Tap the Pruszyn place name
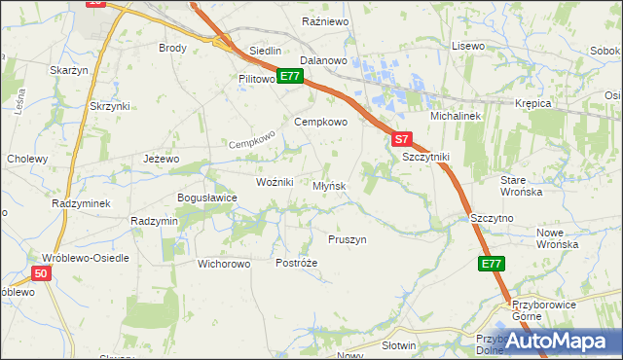[347, 239]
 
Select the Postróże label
[297, 264]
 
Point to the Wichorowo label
[225, 264]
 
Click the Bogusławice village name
[206, 198]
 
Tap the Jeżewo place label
[162, 159]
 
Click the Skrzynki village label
[109, 106]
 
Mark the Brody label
[172, 47]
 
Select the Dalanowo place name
[324, 60]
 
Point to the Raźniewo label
[325, 20]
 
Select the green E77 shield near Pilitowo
[289, 76]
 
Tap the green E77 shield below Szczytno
[492, 264]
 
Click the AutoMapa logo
[566, 342]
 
